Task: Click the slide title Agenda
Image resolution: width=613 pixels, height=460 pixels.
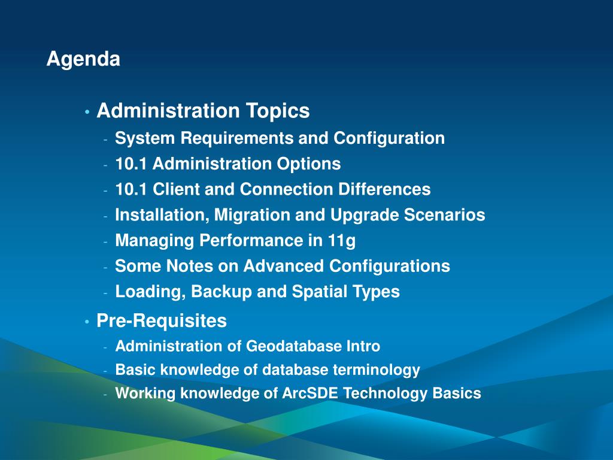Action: coord(83,60)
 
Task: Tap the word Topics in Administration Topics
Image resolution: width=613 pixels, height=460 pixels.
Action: coord(278,111)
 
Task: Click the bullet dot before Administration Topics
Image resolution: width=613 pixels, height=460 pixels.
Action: coord(87,113)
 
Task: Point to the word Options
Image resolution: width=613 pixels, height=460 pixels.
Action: coord(309,164)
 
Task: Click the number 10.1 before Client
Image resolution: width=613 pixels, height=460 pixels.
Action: coord(131,189)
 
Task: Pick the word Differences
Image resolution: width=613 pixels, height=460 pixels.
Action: coord(384,189)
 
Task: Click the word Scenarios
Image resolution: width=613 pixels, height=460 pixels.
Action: coord(444,215)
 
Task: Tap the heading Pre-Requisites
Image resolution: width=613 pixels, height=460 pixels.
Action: coord(162,321)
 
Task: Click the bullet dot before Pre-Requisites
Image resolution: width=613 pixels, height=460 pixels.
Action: coord(87,322)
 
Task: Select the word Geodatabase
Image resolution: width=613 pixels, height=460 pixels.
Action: coord(295,346)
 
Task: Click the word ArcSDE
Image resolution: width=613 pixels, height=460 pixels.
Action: coord(310,394)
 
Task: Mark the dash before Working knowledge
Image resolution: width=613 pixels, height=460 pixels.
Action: coord(105,395)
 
